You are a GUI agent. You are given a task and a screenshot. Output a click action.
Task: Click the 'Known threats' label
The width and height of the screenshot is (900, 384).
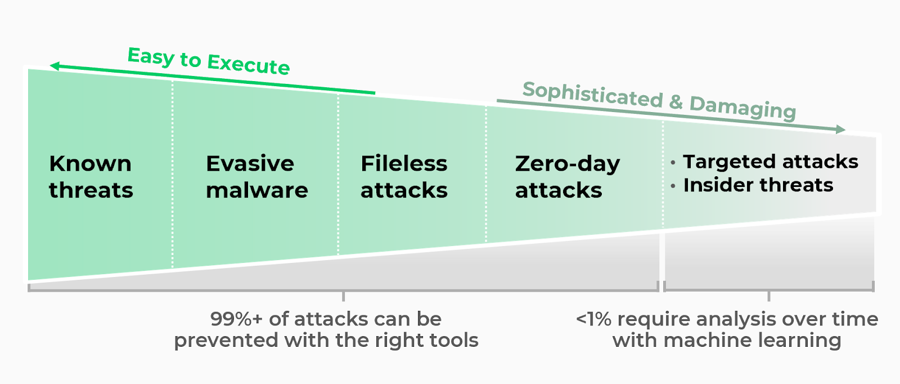coord(91,177)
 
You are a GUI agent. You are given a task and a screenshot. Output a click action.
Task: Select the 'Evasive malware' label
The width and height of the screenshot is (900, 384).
coord(256,177)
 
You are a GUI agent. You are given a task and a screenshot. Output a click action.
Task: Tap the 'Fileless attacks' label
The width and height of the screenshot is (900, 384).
coord(404,177)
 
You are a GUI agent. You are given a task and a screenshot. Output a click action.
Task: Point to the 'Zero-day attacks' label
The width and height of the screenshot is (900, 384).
coord(567,177)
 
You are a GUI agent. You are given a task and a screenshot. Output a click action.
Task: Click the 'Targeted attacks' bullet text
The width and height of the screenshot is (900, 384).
coord(770,162)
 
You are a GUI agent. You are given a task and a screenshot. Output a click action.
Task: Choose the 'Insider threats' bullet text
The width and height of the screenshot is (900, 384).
coord(758,185)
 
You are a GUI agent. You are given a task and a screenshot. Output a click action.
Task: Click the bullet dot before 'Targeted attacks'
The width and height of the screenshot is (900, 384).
coord(673,163)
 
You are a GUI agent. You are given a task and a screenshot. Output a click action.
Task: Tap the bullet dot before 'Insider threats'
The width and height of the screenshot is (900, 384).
coord(673,186)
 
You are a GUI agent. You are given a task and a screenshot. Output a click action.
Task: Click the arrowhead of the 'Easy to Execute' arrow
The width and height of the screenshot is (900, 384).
coord(54,66)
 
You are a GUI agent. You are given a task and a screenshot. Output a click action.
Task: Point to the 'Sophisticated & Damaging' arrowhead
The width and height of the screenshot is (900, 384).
coord(841,130)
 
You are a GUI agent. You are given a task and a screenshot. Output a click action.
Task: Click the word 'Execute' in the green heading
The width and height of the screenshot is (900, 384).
coord(248,64)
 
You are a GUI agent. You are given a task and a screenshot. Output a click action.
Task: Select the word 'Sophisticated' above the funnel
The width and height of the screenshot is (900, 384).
coord(593,94)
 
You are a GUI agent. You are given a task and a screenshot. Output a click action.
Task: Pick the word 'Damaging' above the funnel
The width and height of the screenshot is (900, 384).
coord(742,106)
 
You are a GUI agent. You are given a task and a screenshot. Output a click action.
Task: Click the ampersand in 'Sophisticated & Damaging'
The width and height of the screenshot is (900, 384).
coord(676,101)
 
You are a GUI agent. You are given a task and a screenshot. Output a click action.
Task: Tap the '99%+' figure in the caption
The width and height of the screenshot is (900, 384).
coord(236,319)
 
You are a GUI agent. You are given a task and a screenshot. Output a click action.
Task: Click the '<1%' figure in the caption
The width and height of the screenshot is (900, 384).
coord(593,319)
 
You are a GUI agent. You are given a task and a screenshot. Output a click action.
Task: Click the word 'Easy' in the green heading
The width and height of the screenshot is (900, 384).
coord(151,56)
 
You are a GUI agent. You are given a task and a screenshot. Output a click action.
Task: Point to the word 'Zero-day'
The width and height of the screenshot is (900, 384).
coord(567,164)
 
